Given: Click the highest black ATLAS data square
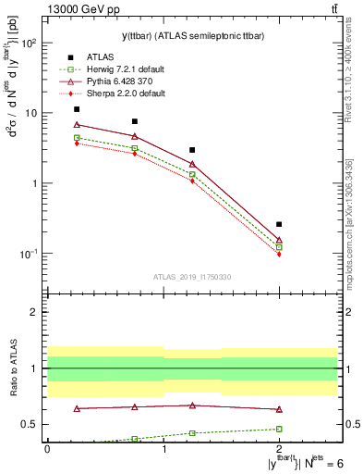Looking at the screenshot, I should [x=77, y=109].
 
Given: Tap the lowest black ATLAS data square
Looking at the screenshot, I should [x=279, y=224].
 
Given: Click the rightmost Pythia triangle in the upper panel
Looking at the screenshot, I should [x=279, y=240].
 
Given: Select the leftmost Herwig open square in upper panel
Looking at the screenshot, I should [x=77, y=137].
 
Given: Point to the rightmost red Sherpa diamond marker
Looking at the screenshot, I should [x=279, y=254].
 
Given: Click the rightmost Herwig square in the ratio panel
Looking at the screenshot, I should [x=279, y=429].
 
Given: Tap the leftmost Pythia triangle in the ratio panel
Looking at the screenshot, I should [x=77, y=408].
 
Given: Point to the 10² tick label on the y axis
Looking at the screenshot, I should [x=29, y=43].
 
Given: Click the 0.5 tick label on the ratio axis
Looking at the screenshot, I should [x=28, y=424].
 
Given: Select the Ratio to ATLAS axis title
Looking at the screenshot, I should [x=12, y=368].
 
